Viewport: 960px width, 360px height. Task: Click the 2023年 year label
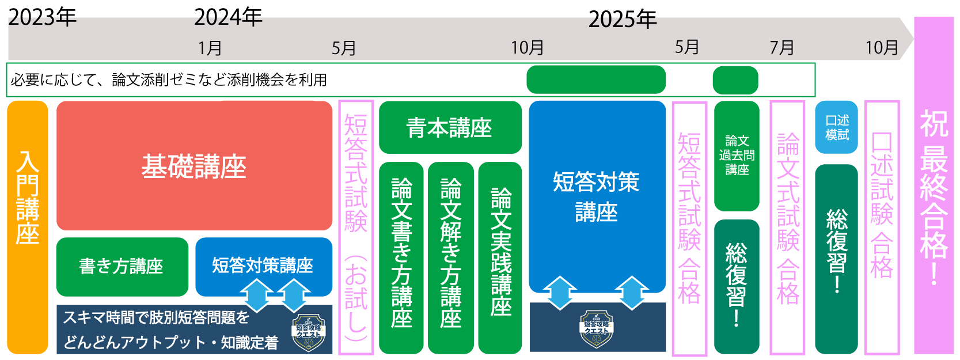click(42, 17)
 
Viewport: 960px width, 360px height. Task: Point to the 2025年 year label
click(623, 20)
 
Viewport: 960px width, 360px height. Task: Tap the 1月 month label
click(210, 48)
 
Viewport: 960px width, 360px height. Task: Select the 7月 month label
click(782, 47)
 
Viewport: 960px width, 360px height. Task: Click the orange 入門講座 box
click(28, 227)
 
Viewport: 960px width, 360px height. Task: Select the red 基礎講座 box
click(194, 166)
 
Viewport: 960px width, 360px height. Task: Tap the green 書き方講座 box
click(122, 267)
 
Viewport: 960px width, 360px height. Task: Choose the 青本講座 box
click(450, 127)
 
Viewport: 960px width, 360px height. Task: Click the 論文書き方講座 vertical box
click(401, 257)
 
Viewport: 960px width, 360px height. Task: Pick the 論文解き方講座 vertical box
click(450, 257)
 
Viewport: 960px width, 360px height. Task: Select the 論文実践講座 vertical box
click(500, 257)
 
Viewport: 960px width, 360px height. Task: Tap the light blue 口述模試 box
click(836, 127)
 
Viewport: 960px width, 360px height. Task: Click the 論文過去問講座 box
click(737, 156)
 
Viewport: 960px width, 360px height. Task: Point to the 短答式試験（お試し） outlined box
click(356, 227)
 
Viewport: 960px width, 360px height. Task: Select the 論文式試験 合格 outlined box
click(787, 227)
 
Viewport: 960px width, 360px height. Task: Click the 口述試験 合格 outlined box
click(882, 227)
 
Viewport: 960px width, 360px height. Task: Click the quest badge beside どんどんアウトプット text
click(309, 332)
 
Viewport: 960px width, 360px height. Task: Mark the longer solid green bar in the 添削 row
click(596, 79)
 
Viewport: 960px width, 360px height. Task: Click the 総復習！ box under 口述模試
click(836, 259)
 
